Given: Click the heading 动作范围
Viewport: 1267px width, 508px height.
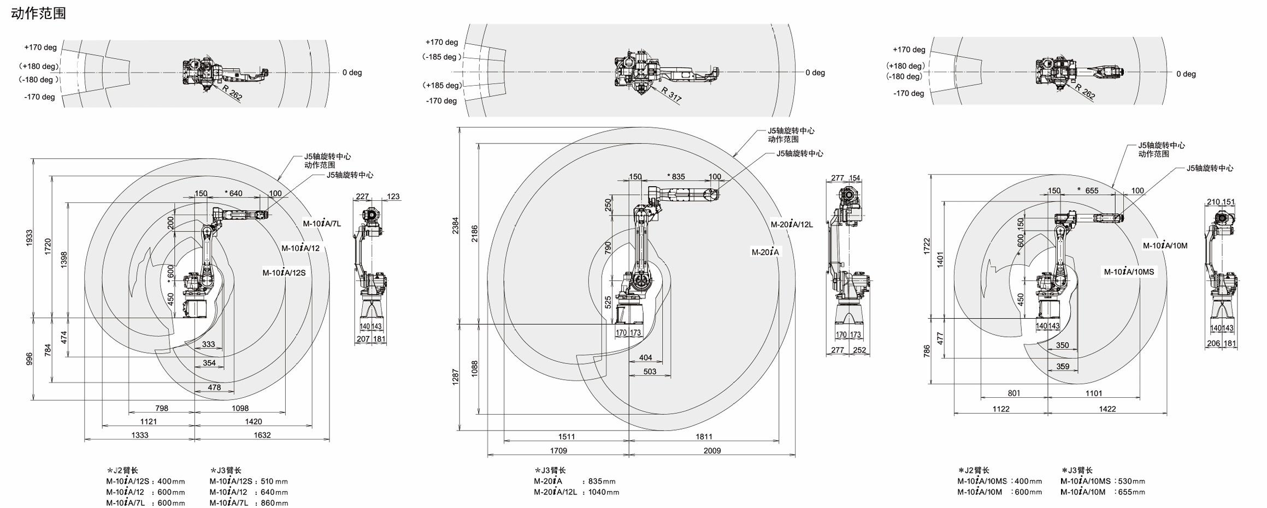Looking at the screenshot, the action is (x=38, y=13).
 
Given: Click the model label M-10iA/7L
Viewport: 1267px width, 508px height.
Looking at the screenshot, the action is (x=322, y=223).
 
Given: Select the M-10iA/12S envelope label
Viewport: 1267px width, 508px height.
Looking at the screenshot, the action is (x=284, y=273).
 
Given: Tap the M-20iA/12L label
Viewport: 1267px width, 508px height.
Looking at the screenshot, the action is (x=792, y=224).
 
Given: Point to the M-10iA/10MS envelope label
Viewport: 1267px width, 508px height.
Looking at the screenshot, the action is (x=1129, y=272).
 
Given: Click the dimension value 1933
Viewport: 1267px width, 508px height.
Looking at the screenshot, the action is (x=30, y=238).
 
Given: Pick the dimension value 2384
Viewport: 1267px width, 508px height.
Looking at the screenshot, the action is (x=456, y=225).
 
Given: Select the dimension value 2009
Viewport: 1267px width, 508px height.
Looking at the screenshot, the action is (x=712, y=451).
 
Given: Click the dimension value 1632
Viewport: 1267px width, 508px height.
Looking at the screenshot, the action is (x=262, y=435).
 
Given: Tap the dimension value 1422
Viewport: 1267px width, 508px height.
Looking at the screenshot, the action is (x=1107, y=409).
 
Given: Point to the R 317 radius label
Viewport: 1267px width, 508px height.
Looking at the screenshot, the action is (x=671, y=94).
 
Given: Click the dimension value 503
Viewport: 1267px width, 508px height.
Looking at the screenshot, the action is (x=650, y=372).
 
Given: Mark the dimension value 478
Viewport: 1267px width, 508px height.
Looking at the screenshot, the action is (x=214, y=387).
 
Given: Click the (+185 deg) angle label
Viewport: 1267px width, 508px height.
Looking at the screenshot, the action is (x=442, y=85).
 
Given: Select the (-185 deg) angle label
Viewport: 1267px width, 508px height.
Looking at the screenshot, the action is (x=442, y=57).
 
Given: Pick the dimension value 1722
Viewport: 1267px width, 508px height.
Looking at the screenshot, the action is (x=926, y=246).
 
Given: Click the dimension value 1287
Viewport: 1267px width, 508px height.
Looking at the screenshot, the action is (x=456, y=377).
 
